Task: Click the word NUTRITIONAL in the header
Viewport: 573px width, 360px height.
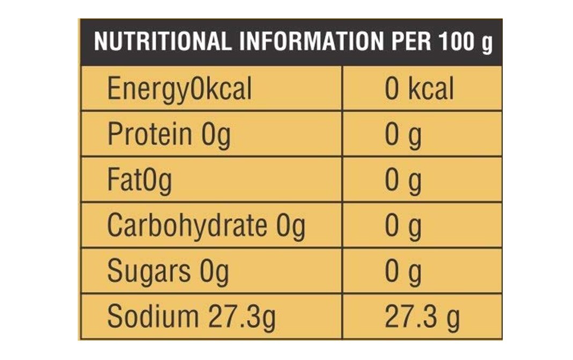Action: (x=162, y=42)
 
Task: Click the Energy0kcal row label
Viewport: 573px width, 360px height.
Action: (x=179, y=89)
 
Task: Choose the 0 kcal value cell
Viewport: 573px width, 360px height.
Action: (x=419, y=89)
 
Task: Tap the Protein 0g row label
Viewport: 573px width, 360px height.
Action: (x=169, y=134)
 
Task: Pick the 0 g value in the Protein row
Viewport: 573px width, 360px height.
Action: (x=403, y=134)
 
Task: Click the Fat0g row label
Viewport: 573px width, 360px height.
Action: (x=139, y=180)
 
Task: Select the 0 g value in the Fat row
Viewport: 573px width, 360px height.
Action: (x=403, y=180)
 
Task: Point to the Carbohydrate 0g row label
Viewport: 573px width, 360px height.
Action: (x=206, y=226)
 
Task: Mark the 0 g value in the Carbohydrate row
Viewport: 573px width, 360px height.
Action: (x=403, y=226)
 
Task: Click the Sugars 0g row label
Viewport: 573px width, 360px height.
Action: (x=168, y=271)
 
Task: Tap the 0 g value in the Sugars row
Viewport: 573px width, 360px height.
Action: (x=403, y=271)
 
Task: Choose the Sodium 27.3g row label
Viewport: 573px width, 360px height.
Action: (x=191, y=317)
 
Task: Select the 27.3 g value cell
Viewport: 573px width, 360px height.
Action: (x=422, y=317)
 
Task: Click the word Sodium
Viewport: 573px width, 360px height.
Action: (x=152, y=317)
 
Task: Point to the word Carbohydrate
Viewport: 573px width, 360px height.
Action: (x=187, y=226)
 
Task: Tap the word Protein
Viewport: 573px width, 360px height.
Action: (x=150, y=134)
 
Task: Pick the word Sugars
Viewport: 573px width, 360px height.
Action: (x=149, y=271)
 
